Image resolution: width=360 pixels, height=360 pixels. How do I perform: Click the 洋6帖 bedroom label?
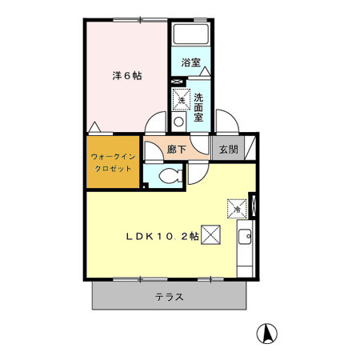click(126, 76)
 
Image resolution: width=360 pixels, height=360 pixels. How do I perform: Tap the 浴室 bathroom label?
click(190, 62)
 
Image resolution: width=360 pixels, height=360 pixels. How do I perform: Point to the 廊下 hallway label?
click(178, 149)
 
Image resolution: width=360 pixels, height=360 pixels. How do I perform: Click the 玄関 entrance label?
click(227, 149)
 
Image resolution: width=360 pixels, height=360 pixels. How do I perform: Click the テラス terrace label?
click(170, 297)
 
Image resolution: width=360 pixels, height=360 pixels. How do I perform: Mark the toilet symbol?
click(170, 178)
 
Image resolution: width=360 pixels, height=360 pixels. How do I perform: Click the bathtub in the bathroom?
click(190, 35)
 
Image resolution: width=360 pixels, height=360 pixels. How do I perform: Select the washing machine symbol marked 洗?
click(181, 99)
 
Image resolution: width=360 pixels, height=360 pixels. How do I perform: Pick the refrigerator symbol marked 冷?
click(237, 207)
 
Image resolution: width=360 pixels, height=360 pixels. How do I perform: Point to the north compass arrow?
click(267, 331)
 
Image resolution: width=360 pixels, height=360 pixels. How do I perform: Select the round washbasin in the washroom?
click(179, 121)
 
